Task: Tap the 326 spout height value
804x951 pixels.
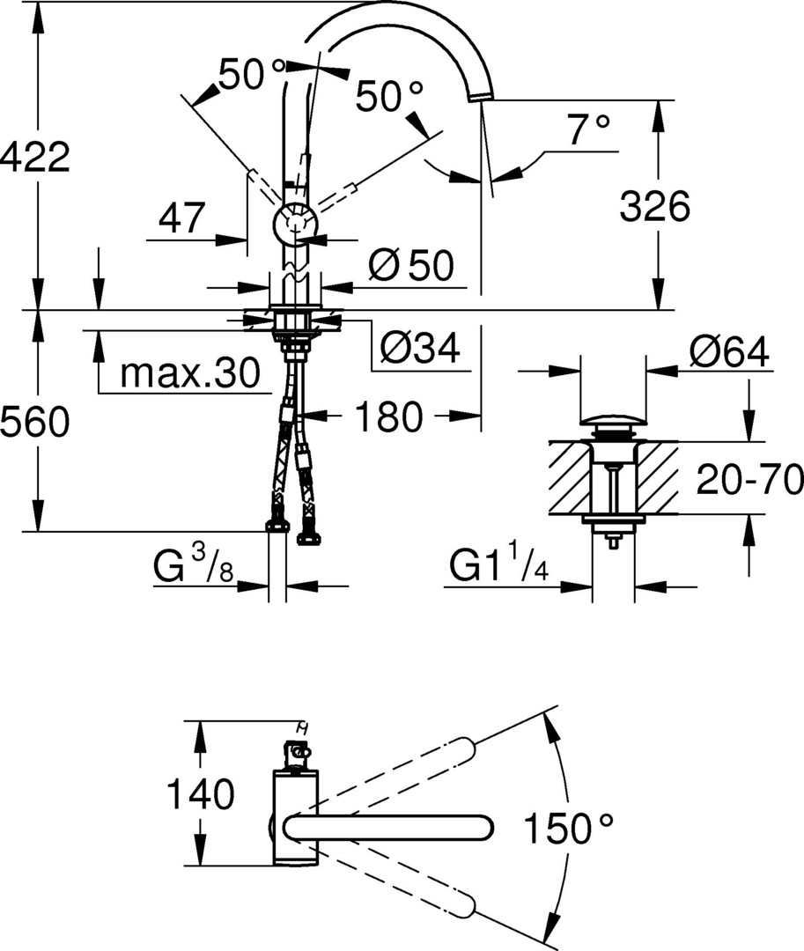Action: pyautogui.click(x=654, y=208)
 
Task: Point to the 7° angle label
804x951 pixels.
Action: pyautogui.click(x=588, y=129)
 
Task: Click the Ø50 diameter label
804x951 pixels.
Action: pyautogui.click(x=410, y=265)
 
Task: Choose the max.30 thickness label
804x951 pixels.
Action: pyautogui.click(x=190, y=374)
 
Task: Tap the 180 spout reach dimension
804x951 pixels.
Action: pyautogui.click(x=388, y=417)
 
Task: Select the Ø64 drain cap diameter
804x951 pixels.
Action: pyautogui.click(x=728, y=352)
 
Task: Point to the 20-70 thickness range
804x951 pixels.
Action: pyautogui.click(x=749, y=481)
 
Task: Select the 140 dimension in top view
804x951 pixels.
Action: pyautogui.click(x=201, y=794)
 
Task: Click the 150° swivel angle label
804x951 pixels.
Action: pyautogui.click(x=568, y=827)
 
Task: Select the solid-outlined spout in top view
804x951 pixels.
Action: pyautogui.click(x=387, y=827)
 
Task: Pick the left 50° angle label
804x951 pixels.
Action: pyautogui.click(x=253, y=74)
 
